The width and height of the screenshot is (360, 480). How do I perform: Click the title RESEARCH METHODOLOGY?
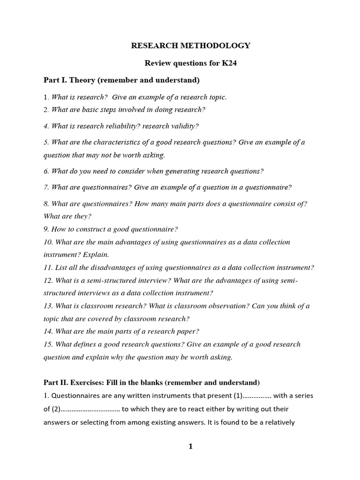tap(190, 45)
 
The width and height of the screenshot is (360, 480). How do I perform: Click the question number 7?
tap(46, 187)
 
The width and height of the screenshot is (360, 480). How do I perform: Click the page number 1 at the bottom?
tap(190, 447)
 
